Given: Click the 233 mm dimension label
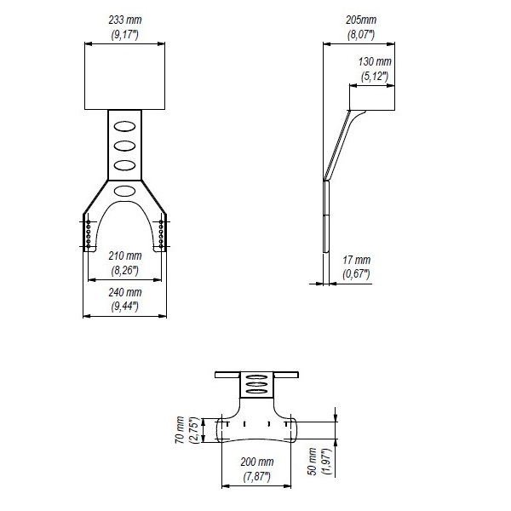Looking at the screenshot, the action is click(x=125, y=20).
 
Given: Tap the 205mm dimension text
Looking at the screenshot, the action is click(x=361, y=20).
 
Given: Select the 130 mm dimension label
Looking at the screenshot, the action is click(x=375, y=61).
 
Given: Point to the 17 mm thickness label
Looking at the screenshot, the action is click(x=357, y=260).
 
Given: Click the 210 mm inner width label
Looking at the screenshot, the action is click(x=125, y=255).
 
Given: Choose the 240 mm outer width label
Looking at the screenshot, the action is click(x=125, y=292).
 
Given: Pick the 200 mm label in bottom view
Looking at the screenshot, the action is click(x=257, y=462).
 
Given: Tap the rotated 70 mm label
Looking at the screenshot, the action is click(x=180, y=430).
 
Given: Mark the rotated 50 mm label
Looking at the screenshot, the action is click(x=313, y=462).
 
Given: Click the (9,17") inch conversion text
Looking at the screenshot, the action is click(x=125, y=35).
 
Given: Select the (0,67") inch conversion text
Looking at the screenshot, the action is click(x=356, y=274).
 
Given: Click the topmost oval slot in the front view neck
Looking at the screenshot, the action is click(x=125, y=126).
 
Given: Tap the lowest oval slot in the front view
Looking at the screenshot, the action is click(x=125, y=191).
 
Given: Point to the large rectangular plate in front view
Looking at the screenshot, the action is click(x=125, y=76).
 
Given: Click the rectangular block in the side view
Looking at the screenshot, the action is click(x=372, y=98).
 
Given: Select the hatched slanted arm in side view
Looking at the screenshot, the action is click(x=337, y=146).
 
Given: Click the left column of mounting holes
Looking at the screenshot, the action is click(x=89, y=233).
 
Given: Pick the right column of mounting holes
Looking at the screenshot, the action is click(x=161, y=233).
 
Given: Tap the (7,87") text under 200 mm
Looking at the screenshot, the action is click(x=257, y=477).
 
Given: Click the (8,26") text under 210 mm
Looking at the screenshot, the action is click(x=125, y=271).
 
